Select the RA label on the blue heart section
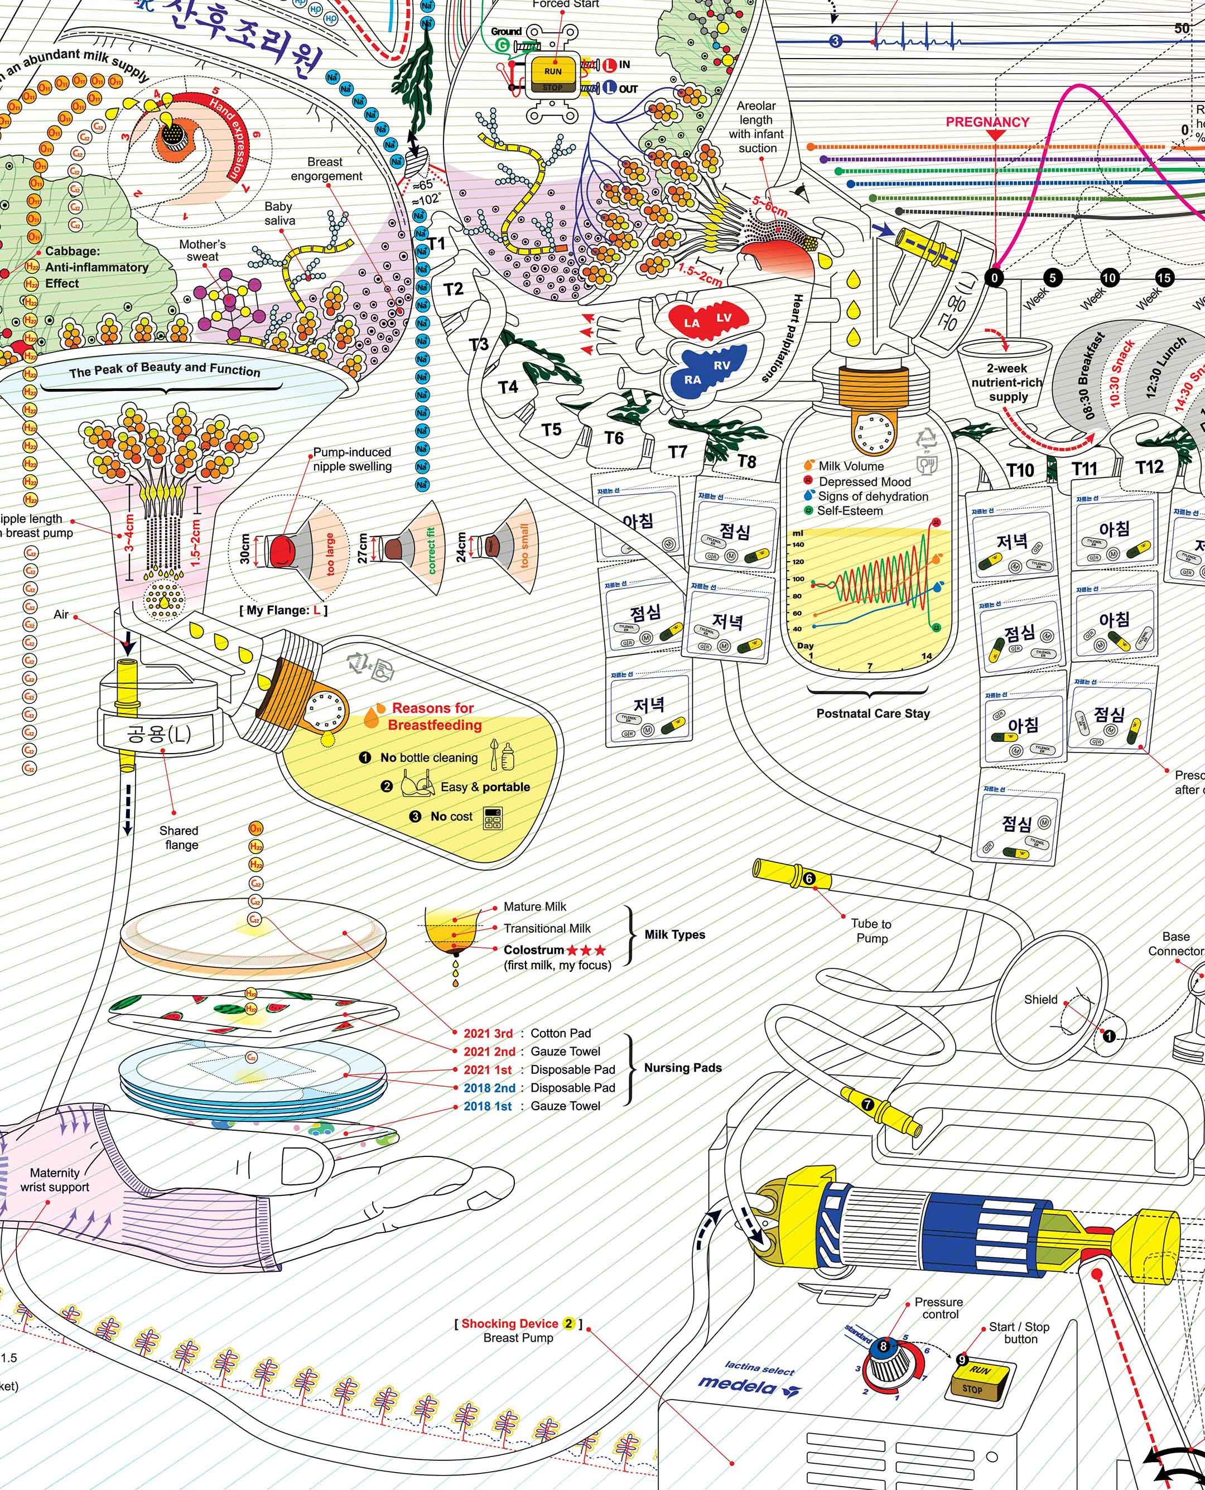coord(692,380)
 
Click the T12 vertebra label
coord(1149,467)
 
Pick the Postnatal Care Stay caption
coord(873,713)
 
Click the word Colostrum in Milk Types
coord(533,950)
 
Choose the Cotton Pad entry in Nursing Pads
coord(561,1033)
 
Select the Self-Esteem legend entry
coord(850,511)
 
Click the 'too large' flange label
coord(330,554)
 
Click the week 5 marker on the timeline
coord(1052,278)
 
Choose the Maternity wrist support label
coord(55,1180)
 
